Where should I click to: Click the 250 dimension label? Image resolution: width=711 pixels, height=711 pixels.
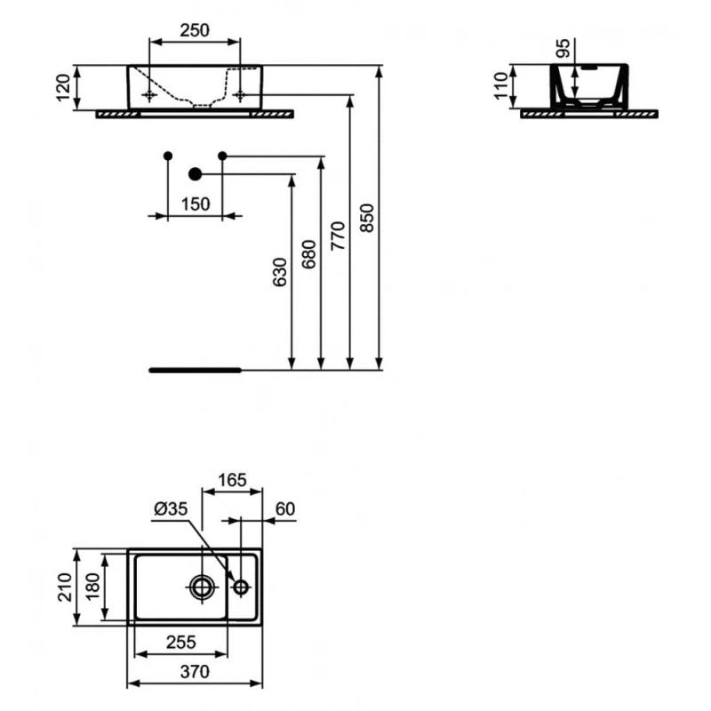tap(195, 30)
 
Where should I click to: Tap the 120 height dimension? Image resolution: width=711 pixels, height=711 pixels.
tap(63, 87)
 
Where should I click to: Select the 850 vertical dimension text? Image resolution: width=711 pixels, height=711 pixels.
tap(366, 218)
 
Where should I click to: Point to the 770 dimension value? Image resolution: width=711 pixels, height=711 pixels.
tap(338, 236)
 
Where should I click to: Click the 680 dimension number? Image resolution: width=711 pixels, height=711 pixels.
tap(308, 254)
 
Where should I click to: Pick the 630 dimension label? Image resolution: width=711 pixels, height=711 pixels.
tap(280, 272)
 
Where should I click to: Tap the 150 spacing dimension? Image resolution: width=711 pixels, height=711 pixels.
tap(196, 204)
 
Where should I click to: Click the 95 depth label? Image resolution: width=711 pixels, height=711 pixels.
tap(563, 48)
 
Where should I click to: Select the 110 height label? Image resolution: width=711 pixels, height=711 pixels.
tap(500, 85)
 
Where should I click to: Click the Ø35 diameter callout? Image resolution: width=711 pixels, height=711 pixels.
tap(171, 508)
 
